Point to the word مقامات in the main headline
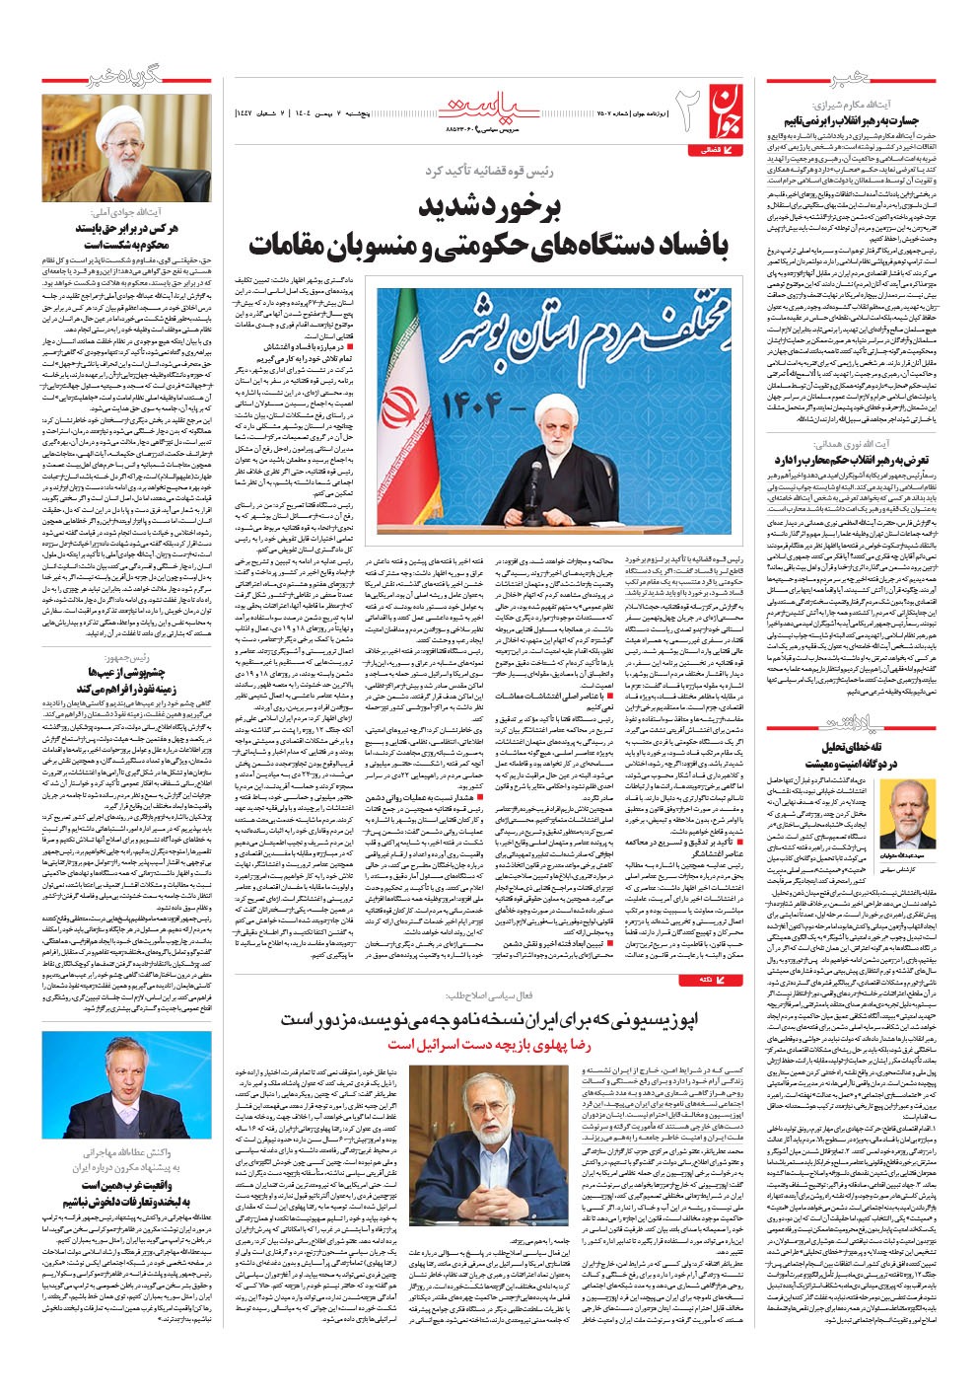tap(297, 244)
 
